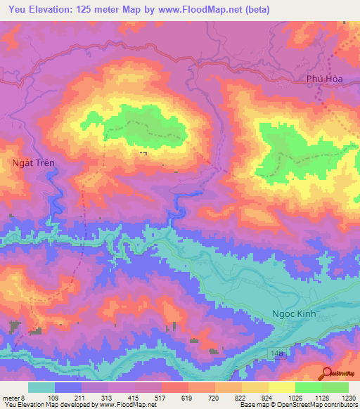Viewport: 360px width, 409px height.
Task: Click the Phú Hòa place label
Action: point(324,79)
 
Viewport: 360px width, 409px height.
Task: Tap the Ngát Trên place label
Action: point(34,162)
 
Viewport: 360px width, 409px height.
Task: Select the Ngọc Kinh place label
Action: point(295,315)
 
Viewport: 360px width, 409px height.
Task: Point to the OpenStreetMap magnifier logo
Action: point(327,374)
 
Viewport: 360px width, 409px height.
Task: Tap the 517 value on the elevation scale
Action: point(161,397)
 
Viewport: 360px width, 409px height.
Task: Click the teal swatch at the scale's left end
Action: point(41,387)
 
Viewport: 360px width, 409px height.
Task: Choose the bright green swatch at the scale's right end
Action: point(335,387)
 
